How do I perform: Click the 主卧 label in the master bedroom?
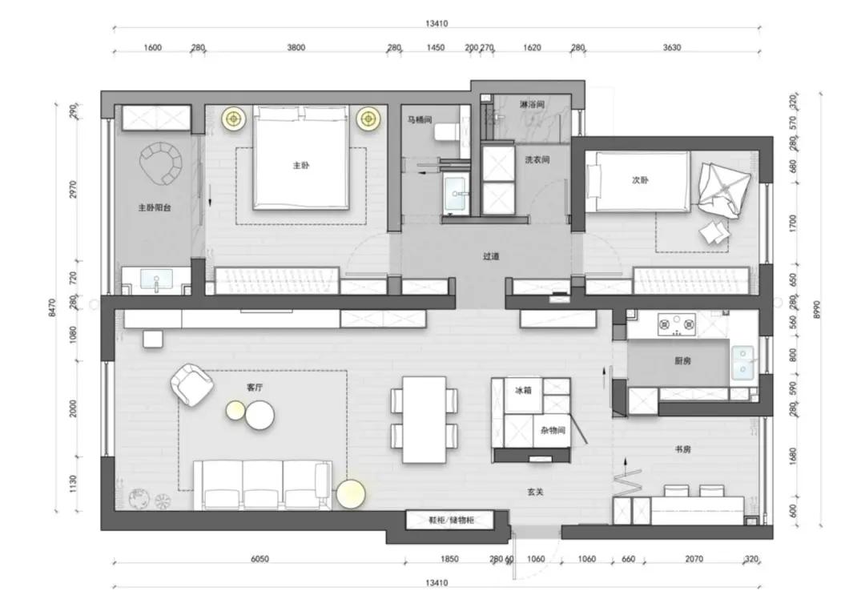pos(301,167)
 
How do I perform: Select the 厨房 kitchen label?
pos(683,361)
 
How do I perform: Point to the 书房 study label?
pos(683,450)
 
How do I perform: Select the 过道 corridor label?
pos(491,257)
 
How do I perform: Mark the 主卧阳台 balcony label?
pos(155,207)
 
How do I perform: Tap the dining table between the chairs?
pos(424,419)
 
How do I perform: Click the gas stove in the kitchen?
pos(677,324)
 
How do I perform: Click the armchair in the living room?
pos(192,384)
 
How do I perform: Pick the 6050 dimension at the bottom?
pos(259,559)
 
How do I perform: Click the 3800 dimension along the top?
pos(296,48)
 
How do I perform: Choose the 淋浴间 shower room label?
pos(533,105)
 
